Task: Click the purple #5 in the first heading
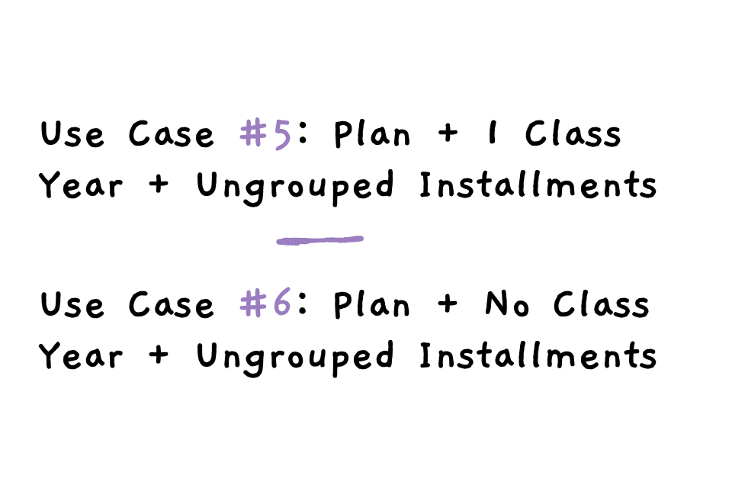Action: tap(265, 134)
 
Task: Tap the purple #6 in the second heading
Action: tap(265, 305)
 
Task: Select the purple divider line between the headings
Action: tap(319, 240)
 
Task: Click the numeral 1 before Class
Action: tap(495, 134)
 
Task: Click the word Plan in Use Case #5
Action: tap(372, 134)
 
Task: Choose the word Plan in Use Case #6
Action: tap(372, 305)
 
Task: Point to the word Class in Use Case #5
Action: tap(573, 134)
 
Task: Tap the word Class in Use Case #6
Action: tap(602, 305)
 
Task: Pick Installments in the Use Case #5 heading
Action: tap(538, 185)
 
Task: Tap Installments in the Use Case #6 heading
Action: tap(538, 356)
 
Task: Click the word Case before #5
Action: tap(172, 135)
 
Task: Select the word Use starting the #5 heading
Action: tap(72, 135)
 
